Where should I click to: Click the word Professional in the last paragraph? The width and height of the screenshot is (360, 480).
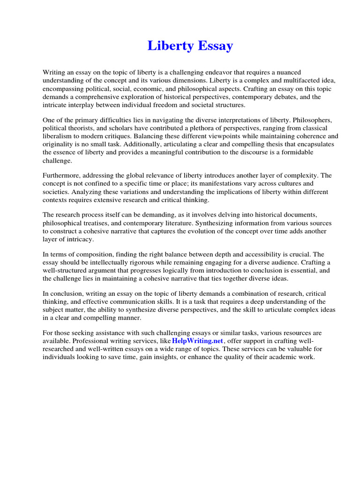91,341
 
